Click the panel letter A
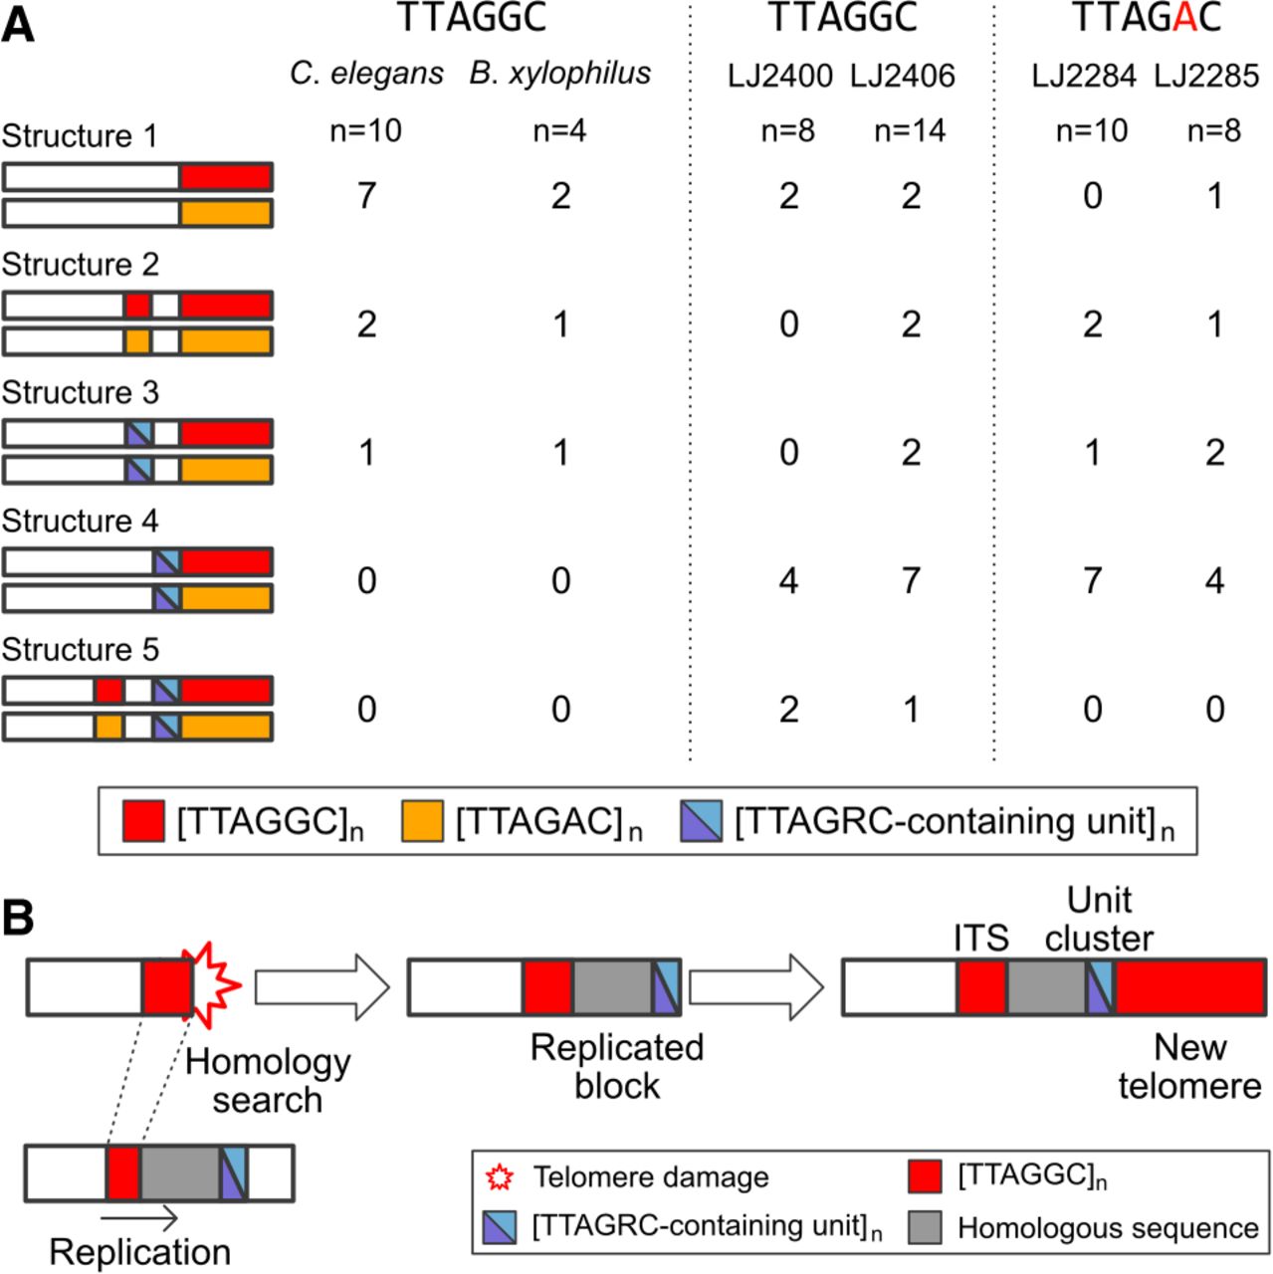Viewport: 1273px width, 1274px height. point(18,25)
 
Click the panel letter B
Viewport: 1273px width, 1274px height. point(17,918)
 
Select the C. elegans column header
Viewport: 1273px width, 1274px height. point(366,74)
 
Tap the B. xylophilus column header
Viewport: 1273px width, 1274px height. point(560,74)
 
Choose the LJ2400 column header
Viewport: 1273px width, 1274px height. point(779,76)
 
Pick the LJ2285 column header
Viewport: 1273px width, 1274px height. point(1206,76)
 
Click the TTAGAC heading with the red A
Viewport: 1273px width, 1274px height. point(1146,18)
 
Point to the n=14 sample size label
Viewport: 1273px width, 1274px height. point(910,130)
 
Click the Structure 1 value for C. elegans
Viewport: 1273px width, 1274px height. point(366,196)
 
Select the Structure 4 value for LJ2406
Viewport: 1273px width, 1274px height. point(911,581)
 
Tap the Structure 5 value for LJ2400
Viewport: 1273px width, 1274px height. point(788,710)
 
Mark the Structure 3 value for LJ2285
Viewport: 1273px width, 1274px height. point(1214,453)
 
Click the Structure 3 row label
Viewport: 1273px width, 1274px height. point(80,393)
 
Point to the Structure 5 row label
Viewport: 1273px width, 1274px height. point(80,650)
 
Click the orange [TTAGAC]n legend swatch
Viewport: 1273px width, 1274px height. point(422,822)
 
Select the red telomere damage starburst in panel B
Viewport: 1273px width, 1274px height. point(217,985)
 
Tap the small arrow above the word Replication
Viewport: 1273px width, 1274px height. point(139,1218)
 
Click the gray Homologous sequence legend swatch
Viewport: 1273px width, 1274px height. point(926,1227)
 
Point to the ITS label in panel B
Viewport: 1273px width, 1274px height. point(980,938)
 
